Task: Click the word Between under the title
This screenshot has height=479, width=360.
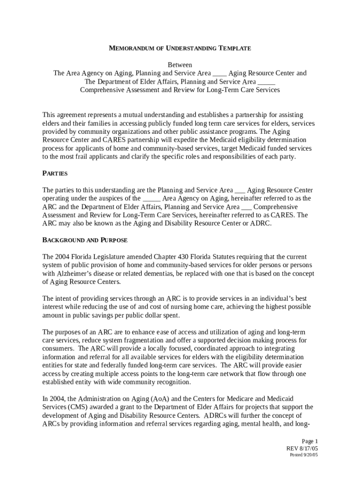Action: click(180, 65)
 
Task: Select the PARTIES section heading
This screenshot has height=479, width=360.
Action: click(55, 174)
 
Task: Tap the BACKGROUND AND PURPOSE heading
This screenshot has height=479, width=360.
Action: click(85, 240)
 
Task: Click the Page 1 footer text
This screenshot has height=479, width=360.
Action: click(310, 441)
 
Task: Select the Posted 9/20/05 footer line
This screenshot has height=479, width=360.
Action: click(303, 455)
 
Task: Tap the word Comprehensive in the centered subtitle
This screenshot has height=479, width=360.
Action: click(101, 90)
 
